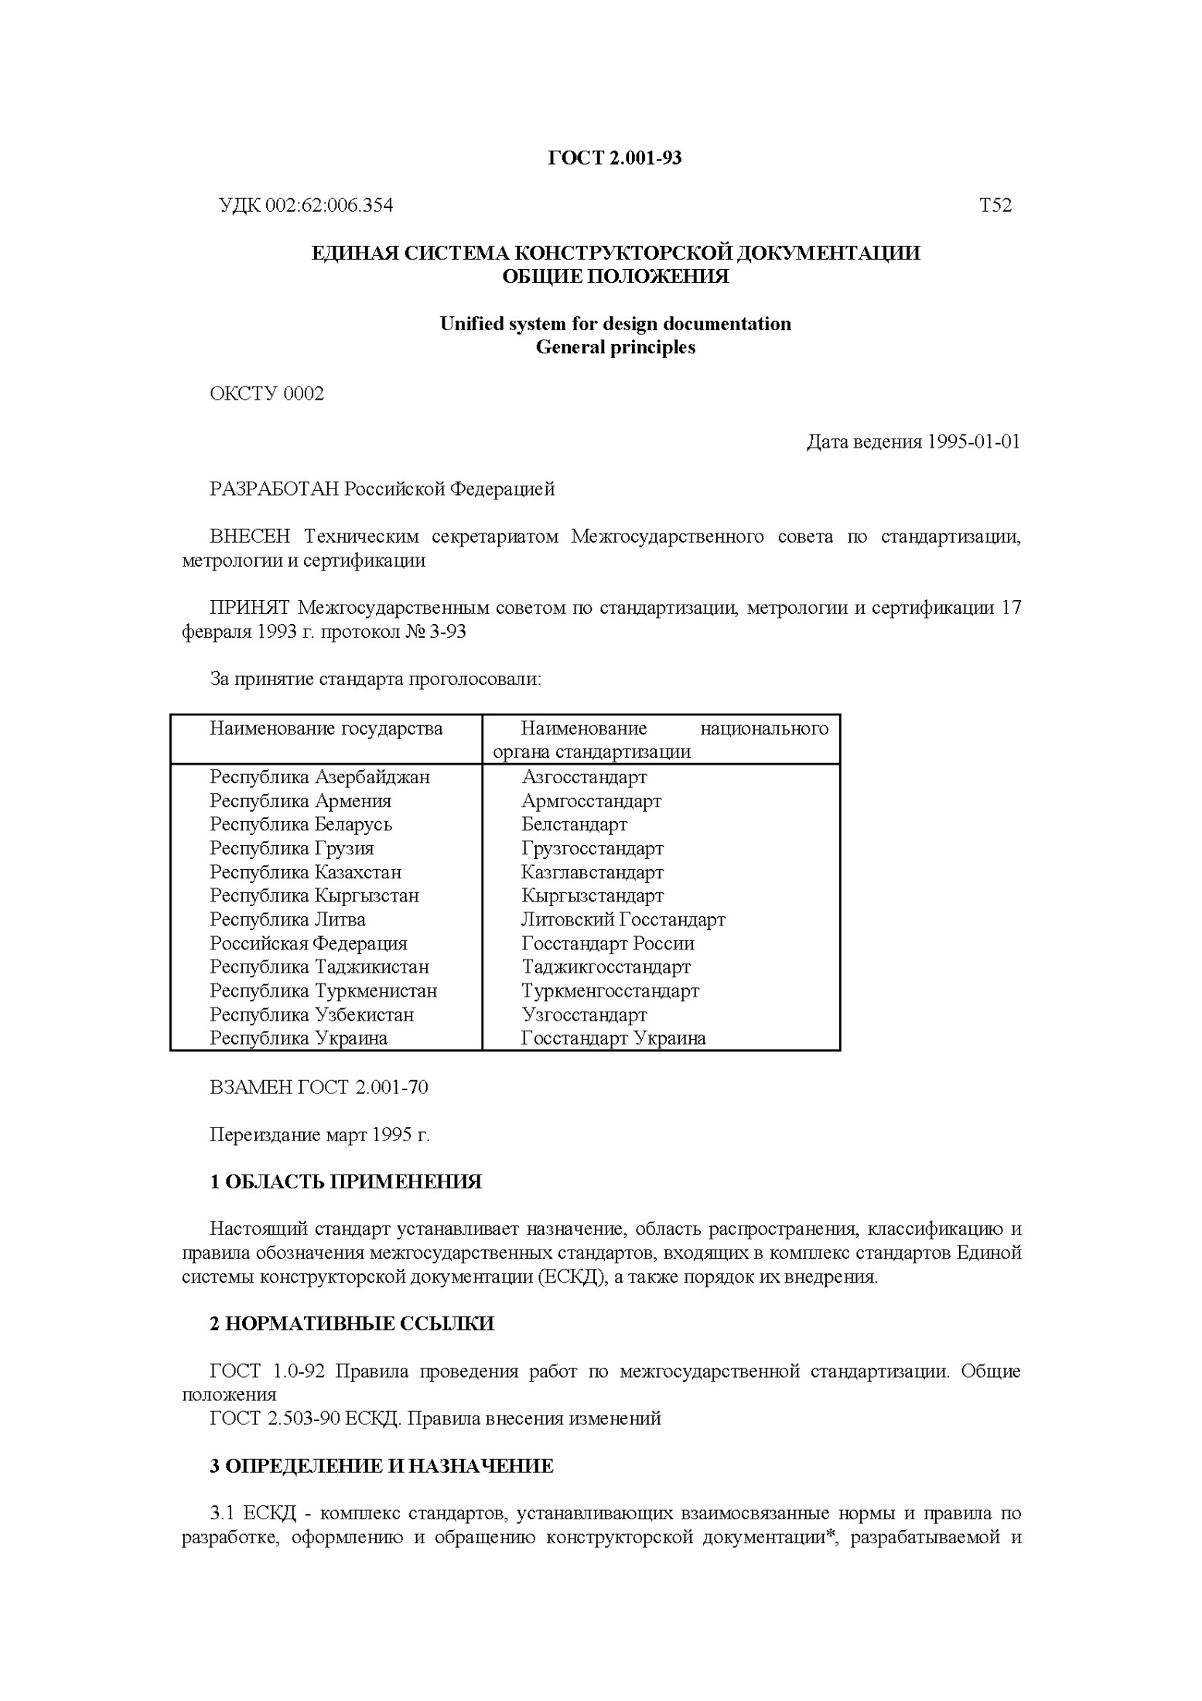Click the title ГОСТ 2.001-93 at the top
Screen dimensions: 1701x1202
point(615,159)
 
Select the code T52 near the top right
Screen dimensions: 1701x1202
point(995,206)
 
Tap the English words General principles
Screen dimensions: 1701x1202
point(615,348)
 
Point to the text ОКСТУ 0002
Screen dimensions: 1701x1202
point(267,394)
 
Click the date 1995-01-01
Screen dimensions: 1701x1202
point(973,442)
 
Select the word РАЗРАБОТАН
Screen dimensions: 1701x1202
point(274,489)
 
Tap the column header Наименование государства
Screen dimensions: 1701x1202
point(326,729)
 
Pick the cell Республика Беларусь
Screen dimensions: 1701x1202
point(301,825)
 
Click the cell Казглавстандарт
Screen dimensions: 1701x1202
point(592,873)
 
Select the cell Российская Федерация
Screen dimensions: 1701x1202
point(308,944)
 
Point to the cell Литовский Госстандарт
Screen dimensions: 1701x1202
point(623,920)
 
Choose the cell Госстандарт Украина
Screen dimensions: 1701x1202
point(613,1039)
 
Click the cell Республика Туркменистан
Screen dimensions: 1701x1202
point(323,991)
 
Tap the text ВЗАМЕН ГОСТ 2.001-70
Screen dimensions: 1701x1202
point(319,1088)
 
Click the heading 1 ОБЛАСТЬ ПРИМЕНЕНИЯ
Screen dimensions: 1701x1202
point(346,1182)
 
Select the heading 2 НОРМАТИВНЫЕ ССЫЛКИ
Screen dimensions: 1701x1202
point(352,1324)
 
